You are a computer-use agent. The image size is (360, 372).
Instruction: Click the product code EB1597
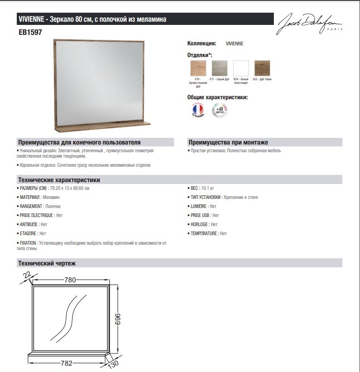point(30,33)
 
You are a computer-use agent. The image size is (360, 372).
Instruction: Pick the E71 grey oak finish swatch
point(219,68)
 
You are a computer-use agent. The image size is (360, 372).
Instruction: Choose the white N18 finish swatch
point(241,68)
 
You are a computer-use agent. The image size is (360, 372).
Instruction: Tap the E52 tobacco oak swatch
point(262,68)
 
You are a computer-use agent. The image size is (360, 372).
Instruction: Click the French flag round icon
point(198,110)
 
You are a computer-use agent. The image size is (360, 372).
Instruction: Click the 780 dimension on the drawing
point(70,280)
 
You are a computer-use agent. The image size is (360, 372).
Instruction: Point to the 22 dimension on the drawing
point(27,275)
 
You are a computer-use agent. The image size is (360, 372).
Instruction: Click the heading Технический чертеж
point(47,263)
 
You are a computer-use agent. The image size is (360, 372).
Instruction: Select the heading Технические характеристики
point(58,179)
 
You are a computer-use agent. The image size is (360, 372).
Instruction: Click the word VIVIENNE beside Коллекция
point(234,43)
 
